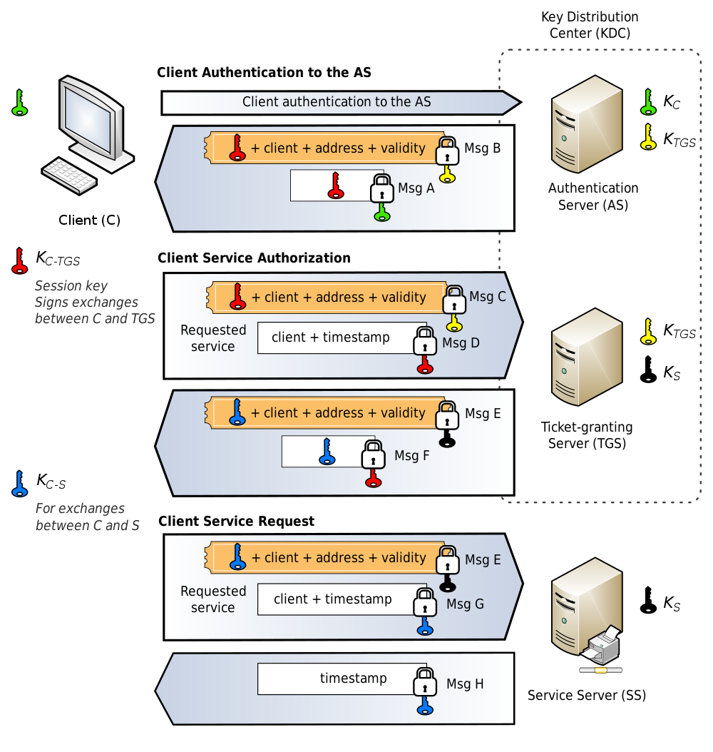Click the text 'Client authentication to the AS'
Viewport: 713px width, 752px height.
click(x=337, y=102)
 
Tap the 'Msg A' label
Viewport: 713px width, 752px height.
click(x=416, y=188)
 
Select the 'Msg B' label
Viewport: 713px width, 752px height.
click(x=483, y=148)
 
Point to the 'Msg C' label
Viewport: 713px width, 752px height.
click(x=488, y=297)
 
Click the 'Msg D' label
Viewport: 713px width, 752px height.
click(x=461, y=343)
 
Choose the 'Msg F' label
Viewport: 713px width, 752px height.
click(x=412, y=455)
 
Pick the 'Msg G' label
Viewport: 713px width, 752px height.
click(x=465, y=604)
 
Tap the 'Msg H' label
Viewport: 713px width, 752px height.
click(x=465, y=684)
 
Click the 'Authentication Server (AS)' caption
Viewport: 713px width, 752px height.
click(x=593, y=197)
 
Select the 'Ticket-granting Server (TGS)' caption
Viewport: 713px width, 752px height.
click(x=587, y=435)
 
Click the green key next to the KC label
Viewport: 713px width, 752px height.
click(x=648, y=102)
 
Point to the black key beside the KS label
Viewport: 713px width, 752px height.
click(x=649, y=370)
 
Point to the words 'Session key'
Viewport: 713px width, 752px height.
click(x=71, y=286)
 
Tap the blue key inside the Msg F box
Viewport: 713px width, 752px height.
click(x=327, y=451)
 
